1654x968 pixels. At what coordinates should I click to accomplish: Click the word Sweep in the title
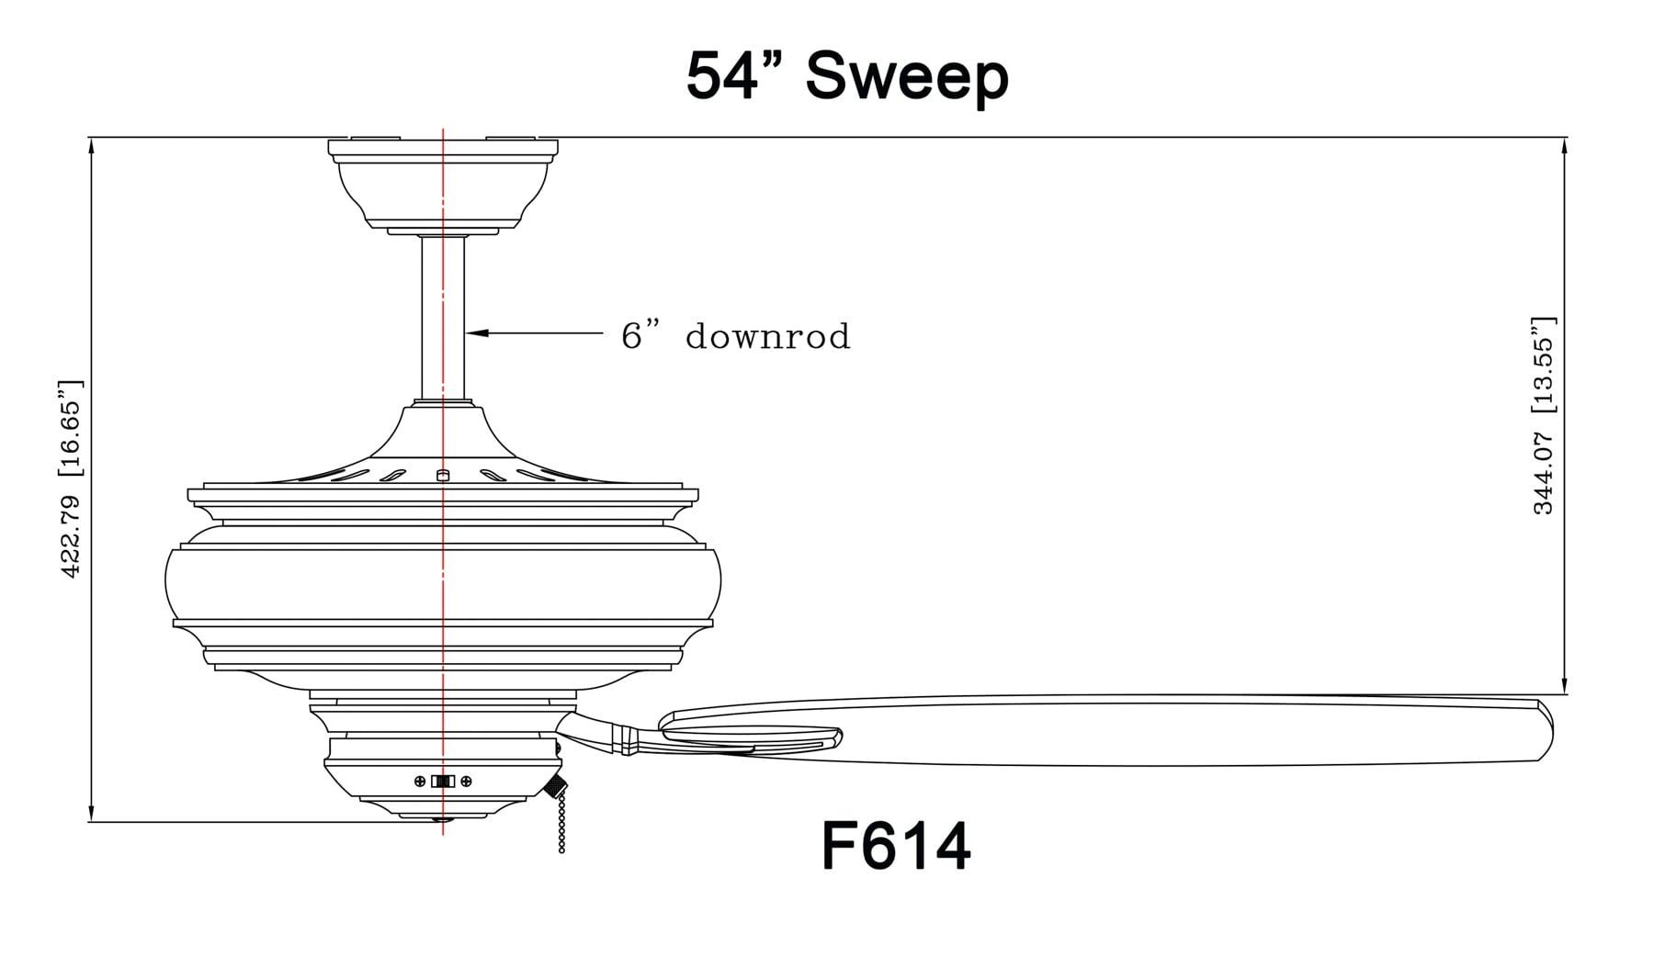point(907,78)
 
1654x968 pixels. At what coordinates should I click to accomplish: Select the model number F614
point(895,846)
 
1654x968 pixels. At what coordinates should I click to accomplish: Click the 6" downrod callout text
point(735,336)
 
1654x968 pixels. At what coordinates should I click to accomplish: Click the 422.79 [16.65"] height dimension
point(72,478)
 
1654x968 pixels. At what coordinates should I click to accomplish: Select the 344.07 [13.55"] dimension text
point(1544,416)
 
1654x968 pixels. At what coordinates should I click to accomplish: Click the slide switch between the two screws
point(443,782)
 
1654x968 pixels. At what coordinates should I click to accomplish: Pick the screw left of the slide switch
point(420,782)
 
